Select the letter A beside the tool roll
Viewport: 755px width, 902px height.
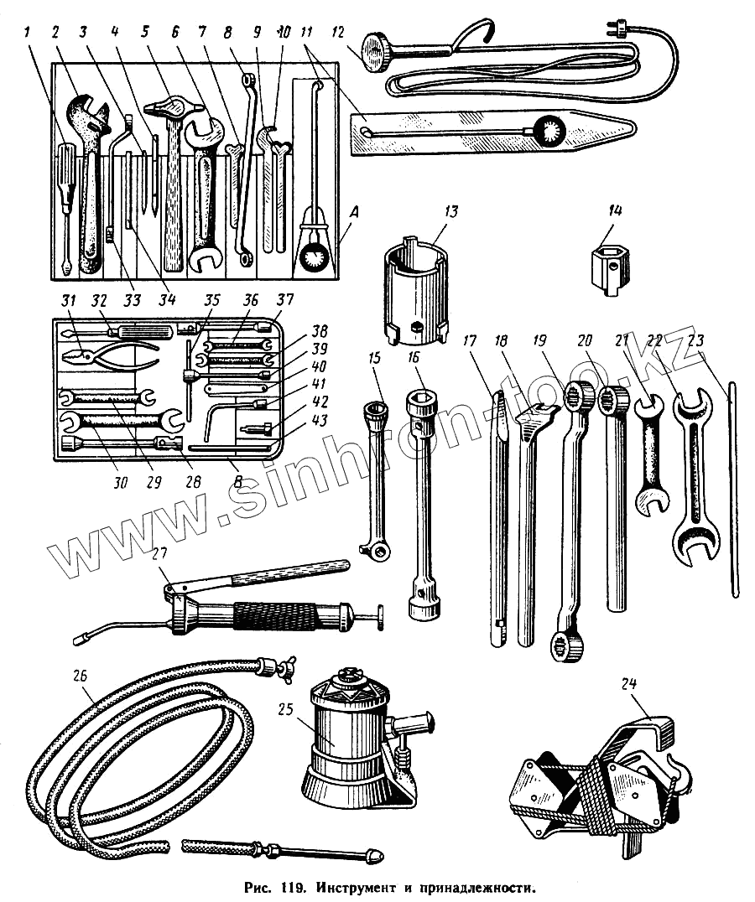pos(354,214)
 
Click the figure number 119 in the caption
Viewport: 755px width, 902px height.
pos(290,886)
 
